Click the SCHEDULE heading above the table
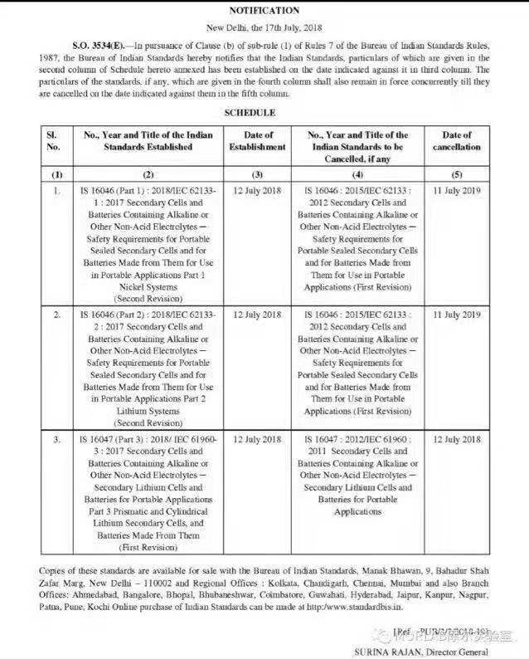[x=250, y=112]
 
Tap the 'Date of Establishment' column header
[x=257, y=140]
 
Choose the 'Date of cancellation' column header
[x=456, y=140]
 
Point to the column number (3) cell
[x=257, y=175]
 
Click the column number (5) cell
[x=456, y=175]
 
